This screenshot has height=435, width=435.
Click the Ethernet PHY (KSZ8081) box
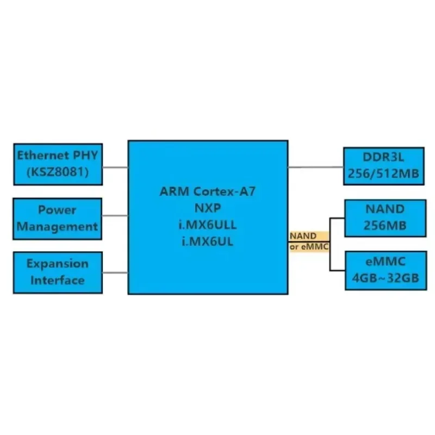tap(58, 164)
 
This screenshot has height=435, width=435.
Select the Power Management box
tap(57, 217)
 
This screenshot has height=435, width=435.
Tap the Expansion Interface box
tap(57, 272)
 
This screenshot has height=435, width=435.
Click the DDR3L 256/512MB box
tap(383, 166)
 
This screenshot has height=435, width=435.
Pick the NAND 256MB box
tap(384, 218)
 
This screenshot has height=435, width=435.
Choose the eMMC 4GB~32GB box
tap(384, 270)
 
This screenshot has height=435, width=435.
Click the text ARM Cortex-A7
tap(208, 191)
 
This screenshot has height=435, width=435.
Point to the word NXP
tap(208, 208)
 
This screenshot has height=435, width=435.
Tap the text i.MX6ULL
tap(208, 225)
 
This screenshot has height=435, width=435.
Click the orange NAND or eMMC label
tap(308, 241)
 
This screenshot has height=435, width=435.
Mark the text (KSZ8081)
tap(58, 173)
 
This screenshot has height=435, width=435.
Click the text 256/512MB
tap(384, 175)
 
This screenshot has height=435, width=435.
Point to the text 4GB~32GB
tap(384, 279)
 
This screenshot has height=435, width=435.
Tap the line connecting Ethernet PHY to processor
tap(114, 167)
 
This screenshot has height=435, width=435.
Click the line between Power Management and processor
tap(114, 216)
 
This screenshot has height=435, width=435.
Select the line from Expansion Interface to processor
tap(114, 272)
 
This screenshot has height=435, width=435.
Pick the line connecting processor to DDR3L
tap(315, 167)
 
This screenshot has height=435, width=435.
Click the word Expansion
tap(57, 264)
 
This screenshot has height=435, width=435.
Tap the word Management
tap(57, 226)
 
